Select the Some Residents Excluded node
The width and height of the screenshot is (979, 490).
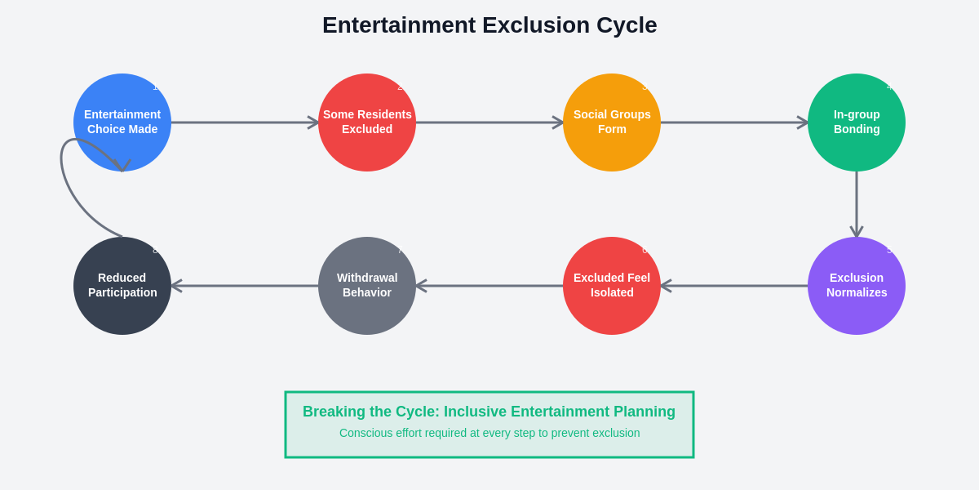(x=367, y=122)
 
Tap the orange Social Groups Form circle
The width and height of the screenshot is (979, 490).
(x=612, y=122)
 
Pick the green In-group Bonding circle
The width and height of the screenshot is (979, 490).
(x=857, y=122)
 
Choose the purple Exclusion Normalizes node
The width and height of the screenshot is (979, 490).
(x=857, y=286)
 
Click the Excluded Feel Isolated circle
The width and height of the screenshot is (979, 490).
(x=612, y=286)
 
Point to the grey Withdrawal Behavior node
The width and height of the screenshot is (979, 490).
(x=367, y=286)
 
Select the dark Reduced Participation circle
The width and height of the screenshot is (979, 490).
(x=122, y=286)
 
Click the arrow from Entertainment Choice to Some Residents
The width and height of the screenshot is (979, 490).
(x=245, y=122)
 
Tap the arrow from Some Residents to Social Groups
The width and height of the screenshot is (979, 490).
(x=489, y=122)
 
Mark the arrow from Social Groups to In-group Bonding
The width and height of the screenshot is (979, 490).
(x=734, y=122)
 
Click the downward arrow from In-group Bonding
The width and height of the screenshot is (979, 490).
(x=857, y=204)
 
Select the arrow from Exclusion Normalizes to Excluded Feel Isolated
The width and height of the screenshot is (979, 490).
(x=734, y=286)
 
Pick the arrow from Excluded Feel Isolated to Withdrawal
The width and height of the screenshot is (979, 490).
(x=489, y=286)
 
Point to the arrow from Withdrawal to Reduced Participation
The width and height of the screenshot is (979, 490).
(x=245, y=286)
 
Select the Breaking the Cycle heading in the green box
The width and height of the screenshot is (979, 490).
(x=489, y=412)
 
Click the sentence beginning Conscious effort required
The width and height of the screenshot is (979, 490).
(x=489, y=433)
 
